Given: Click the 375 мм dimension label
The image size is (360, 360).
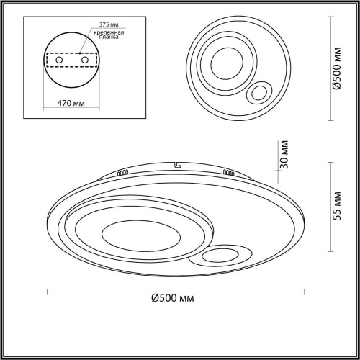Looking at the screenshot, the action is tap(109, 24).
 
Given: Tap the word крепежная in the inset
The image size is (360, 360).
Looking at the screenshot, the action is tap(109, 32).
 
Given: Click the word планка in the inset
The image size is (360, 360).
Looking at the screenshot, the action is tap(109, 37).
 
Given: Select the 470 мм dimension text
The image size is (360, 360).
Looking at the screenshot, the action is tap(71, 103).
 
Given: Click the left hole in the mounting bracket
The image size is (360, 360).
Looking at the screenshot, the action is tap(59, 60).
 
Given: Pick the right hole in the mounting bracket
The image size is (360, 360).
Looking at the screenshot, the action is tap(85, 60).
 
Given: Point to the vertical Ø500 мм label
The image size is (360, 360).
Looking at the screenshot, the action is tap(337, 68).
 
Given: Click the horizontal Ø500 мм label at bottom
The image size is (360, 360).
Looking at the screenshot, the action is tap(173, 298).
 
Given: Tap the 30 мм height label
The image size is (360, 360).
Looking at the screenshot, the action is tap(284, 154).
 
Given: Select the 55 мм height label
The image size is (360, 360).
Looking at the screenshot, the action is tap(337, 206).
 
